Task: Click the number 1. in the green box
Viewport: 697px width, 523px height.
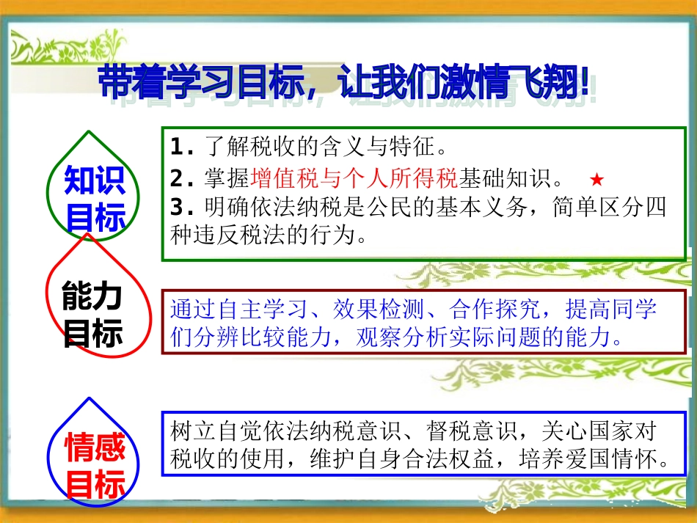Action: (180, 147)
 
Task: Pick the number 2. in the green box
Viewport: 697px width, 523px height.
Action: (180, 178)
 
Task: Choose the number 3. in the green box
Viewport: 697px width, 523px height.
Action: (180, 208)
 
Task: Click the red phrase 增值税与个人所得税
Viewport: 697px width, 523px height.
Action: (354, 178)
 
